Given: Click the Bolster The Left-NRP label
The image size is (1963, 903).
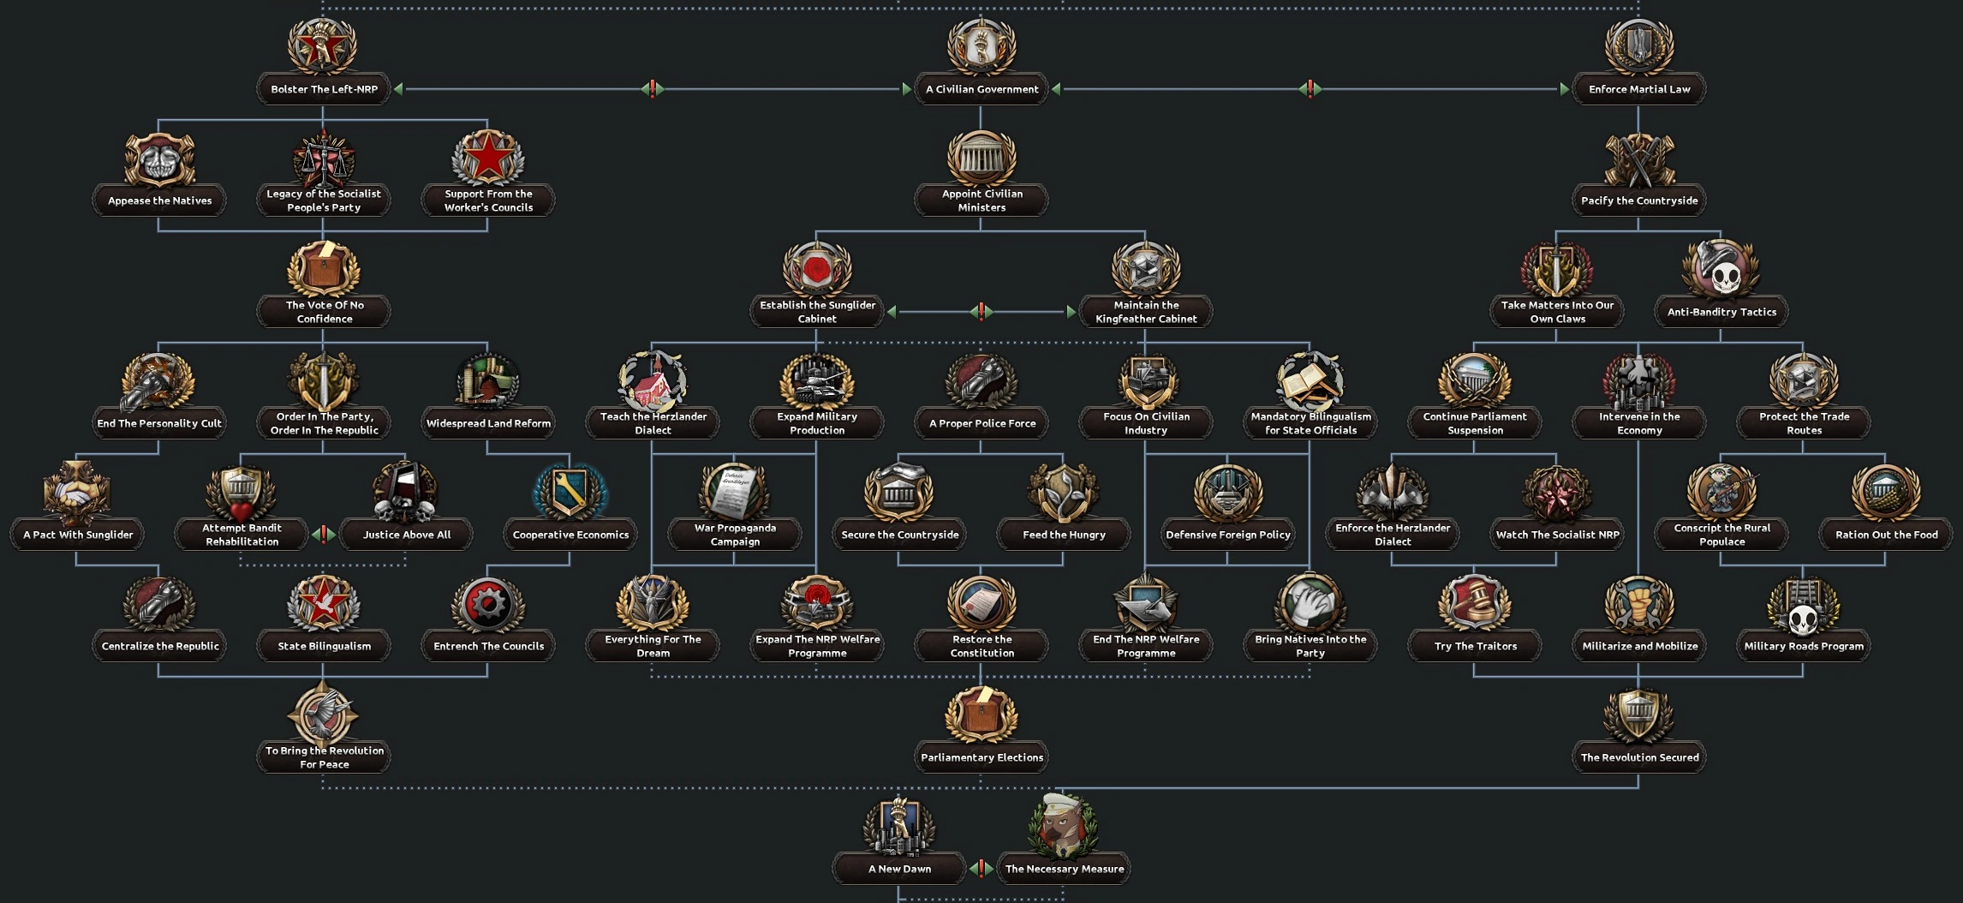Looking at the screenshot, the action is tap(324, 89).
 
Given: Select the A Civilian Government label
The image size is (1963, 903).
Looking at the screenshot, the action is tap(981, 89).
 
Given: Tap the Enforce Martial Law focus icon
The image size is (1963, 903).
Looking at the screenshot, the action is tap(1639, 45).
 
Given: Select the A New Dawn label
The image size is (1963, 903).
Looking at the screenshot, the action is tap(899, 869).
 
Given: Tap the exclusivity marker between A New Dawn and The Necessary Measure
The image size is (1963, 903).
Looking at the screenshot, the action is tap(981, 869).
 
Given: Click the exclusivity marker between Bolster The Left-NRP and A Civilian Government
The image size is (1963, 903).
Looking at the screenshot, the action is tap(653, 88).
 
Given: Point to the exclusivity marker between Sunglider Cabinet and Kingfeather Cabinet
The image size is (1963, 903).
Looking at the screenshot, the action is tap(981, 312).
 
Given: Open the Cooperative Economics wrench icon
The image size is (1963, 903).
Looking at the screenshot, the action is tap(570, 492).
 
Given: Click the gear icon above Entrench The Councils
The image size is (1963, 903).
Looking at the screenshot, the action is tap(488, 604).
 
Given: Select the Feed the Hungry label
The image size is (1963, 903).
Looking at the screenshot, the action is tap(1064, 535).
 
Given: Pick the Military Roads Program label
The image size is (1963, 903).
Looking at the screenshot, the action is tap(1804, 646).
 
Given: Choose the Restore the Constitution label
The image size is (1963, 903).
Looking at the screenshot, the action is tap(981, 646).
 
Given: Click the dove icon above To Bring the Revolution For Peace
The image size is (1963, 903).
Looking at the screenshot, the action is tap(324, 714).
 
